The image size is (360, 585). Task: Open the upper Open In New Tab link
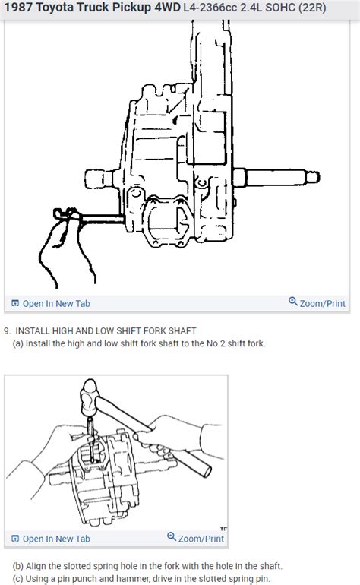point(55,303)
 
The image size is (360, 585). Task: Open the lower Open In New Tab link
point(55,539)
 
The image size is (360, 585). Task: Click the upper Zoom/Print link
point(322,303)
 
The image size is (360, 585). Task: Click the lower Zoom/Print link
point(201,539)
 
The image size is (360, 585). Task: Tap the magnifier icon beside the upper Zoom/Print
point(293,302)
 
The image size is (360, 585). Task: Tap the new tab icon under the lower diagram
point(15,539)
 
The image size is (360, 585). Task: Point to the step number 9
point(7,330)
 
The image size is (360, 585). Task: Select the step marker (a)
point(18,343)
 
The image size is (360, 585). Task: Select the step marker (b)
point(18,566)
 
